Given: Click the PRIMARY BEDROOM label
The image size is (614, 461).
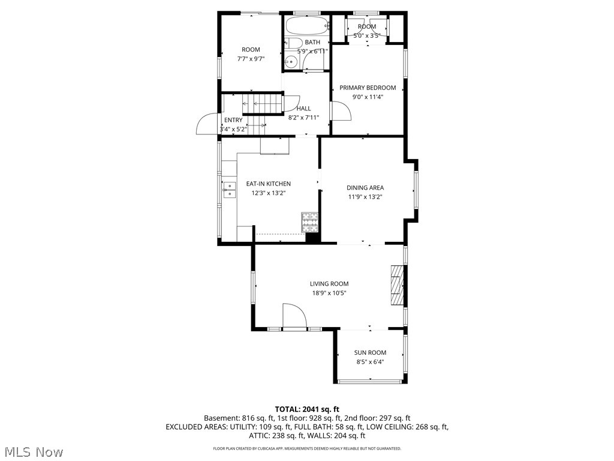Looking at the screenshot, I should click(368, 88).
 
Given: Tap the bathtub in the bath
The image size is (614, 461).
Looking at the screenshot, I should click(306, 26).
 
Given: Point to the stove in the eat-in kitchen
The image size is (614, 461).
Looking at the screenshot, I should click(309, 222).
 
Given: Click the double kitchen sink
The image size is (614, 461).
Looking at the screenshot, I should click(229, 189).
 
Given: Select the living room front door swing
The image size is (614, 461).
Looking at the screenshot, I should click(294, 316).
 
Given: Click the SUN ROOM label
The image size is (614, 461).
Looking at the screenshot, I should click(370, 352).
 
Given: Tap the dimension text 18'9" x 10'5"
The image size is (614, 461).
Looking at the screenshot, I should click(329, 294).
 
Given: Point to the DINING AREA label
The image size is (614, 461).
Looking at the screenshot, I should click(365, 188).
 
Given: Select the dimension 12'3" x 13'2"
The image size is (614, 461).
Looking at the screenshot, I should click(268, 193).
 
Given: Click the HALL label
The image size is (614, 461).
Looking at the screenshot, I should click(303, 109).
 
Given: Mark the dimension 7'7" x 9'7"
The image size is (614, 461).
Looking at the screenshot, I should click(251, 59).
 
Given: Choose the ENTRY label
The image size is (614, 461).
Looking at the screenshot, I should click(233, 120).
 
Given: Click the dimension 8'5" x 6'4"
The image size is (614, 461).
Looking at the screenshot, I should click(370, 362).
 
